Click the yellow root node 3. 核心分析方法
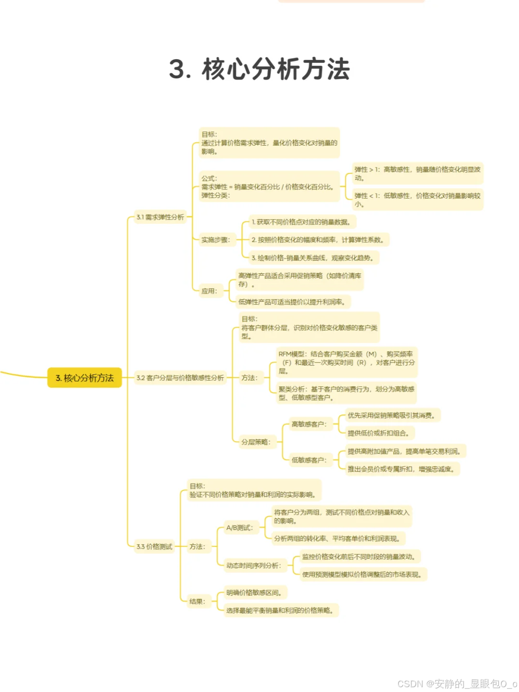click(85, 378)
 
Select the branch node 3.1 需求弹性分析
click(160, 217)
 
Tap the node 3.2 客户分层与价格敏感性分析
click(180, 378)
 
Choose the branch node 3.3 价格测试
click(154, 546)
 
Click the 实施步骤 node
click(216, 240)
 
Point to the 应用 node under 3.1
click(210, 291)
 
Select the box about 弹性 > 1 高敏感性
click(417, 173)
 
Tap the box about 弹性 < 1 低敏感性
click(417, 199)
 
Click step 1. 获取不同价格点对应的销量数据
click(301, 222)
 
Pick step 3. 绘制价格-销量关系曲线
click(312, 258)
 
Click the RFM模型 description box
click(346, 362)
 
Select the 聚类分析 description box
click(346, 393)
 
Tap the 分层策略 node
click(256, 442)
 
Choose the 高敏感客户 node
click(309, 424)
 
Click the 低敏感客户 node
click(309, 460)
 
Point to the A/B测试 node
click(240, 528)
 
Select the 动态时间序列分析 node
click(254, 565)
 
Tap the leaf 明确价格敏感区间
click(254, 593)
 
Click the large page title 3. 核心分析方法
click(259, 69)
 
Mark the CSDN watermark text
click(457, 683)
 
